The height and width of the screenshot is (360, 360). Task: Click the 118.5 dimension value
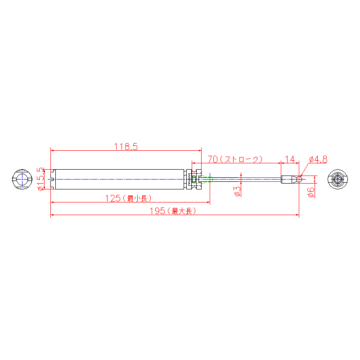point(126,147)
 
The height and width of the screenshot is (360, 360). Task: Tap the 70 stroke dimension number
point(212,159)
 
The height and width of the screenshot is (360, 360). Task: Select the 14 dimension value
point(289,159)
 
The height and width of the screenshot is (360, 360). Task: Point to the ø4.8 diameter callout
point(318,159)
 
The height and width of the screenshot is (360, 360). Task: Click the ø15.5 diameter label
point(40,179)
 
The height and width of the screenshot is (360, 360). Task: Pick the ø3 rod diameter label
point(238,192)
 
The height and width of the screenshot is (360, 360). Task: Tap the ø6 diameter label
point(311,193)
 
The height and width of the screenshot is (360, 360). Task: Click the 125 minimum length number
point(113,198)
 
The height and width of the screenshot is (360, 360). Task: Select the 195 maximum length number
point(157,211)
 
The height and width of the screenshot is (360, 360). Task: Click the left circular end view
point(22,179)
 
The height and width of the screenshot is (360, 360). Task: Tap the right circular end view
point(337,179)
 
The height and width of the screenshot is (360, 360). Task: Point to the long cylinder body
point(120,179)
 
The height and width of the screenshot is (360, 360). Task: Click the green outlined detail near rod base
point(202,179)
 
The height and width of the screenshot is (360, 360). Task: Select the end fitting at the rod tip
point(291,179)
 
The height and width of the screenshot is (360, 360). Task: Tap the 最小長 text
point(137,198)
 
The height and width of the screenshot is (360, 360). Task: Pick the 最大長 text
point(182,211)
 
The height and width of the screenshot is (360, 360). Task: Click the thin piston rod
point(241,179)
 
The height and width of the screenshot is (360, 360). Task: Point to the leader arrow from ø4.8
point(305,170)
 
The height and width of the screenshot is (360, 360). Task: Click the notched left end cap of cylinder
point(53,179)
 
